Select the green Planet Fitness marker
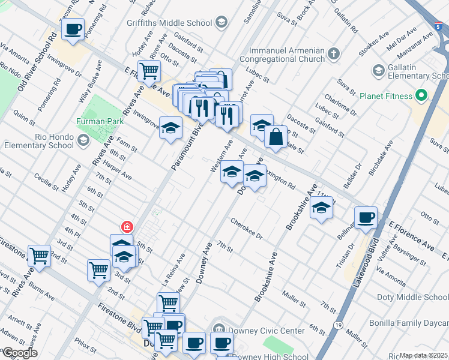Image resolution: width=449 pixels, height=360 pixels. (x=421, y=95)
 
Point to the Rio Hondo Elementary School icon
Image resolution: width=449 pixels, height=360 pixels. (x=83, y=140)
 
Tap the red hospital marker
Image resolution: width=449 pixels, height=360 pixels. (x=127, y=227)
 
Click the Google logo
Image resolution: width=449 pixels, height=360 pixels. (x=19, y=353)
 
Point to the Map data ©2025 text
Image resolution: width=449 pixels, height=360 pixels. (x=423, y=355)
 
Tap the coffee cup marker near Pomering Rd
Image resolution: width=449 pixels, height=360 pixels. (x=73, y=29)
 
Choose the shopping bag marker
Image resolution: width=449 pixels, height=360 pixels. (x=276, y=137)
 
